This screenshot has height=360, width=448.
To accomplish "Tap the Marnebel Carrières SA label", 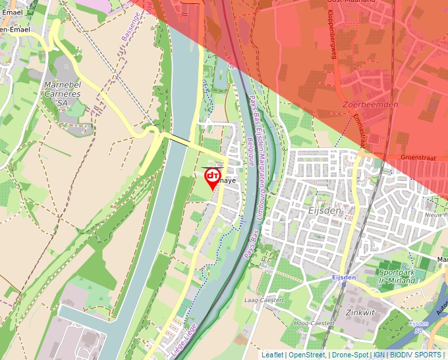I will pyautogui.click(x=63, y=93).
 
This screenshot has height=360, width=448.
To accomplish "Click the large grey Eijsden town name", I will pyautogui.click(x=325, y=211).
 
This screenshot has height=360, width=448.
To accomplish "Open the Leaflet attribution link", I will pyautogui.click(x=272, y=355).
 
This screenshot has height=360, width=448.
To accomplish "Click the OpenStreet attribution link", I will pyautogui.click(x=306, y=355).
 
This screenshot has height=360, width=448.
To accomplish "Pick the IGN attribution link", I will pyautogui.click(x=379, y=355).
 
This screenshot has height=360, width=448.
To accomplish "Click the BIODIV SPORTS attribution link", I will pyautogui.click(x=416, y=355).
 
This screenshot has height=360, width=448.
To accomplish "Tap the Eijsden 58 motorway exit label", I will pyautogui.click(x=419, y=327).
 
